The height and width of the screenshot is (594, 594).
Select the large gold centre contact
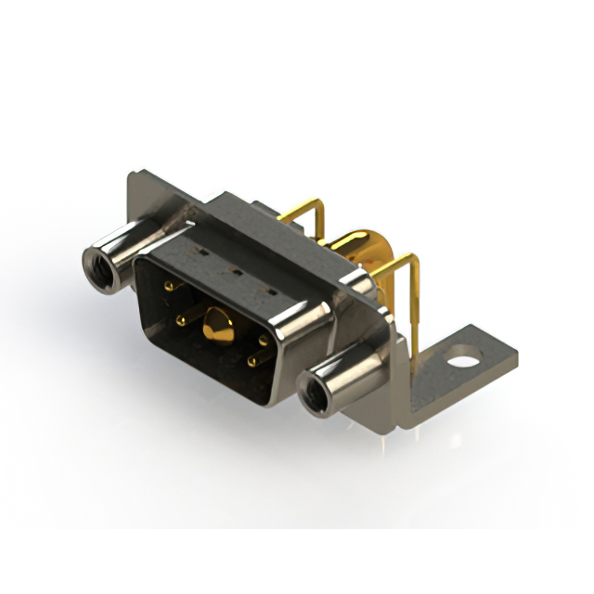pyautogui.click(x=219, y=325)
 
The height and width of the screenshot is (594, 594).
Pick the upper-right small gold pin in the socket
pyautogui.click(x=265, y=341)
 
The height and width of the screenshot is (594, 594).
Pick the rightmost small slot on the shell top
pyautogui.click(x=270, y=292)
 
